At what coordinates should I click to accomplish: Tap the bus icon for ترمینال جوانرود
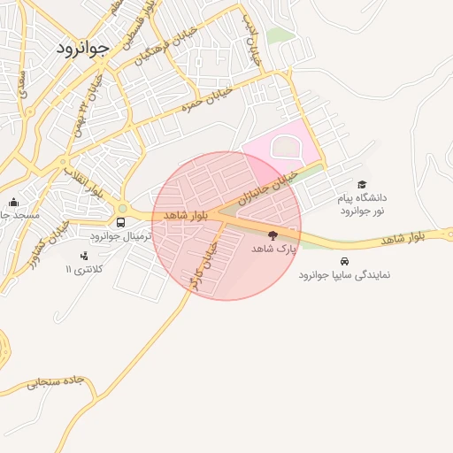[121, 222]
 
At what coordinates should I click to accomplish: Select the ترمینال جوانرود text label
[122, 237]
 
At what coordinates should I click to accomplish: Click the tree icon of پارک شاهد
[272, 235]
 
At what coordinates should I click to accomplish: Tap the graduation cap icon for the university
[362, 184]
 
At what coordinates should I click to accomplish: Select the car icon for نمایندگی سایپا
[343, 261]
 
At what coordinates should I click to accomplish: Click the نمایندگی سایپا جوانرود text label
[344, 275]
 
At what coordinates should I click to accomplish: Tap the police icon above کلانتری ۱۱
[84, 256]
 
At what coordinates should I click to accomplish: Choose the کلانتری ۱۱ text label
[85, 269]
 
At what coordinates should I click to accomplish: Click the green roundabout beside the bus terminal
[122, 209]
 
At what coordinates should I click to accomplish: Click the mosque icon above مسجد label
[12, 202]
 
